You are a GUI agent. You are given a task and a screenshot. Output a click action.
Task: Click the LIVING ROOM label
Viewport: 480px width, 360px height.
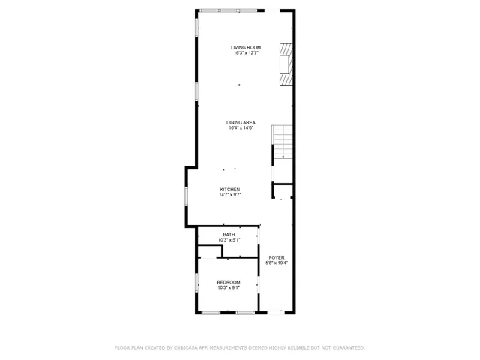tap(244, 47)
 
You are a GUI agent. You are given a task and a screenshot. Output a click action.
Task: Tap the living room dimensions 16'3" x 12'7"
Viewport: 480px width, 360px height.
tap(244, 53)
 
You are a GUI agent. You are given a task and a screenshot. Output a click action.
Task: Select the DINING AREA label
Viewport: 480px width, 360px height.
tap(241, 122)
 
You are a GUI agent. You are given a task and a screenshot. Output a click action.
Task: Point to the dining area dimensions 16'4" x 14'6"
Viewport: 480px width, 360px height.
tap(241, 128)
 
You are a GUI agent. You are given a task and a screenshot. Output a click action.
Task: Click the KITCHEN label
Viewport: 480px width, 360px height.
tap(229, 189)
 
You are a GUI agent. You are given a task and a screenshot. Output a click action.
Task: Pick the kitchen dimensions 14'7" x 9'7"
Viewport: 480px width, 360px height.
tap(229, 195)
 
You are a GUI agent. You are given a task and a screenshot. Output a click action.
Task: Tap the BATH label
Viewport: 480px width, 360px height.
tap(229, 234)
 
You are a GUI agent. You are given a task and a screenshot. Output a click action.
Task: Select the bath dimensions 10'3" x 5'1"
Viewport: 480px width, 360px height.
tap(229, 240)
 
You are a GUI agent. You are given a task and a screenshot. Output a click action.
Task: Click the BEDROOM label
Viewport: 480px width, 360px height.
tap(229, 282)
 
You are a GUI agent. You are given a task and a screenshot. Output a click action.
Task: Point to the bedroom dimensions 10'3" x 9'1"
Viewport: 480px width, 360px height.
tap(229, 288)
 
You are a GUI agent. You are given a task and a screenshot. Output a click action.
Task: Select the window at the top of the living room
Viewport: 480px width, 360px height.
tap(229, 10)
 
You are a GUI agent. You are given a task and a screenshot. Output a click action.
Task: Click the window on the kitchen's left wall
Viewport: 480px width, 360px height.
tap(186, 196)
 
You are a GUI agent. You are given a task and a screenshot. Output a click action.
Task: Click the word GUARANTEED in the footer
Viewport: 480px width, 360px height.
tap(347, 347)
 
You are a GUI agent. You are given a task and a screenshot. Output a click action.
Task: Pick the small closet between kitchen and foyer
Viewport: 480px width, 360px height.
tap(282, 191)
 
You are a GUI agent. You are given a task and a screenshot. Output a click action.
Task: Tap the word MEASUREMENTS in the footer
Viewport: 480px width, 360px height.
tap(232, 347)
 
